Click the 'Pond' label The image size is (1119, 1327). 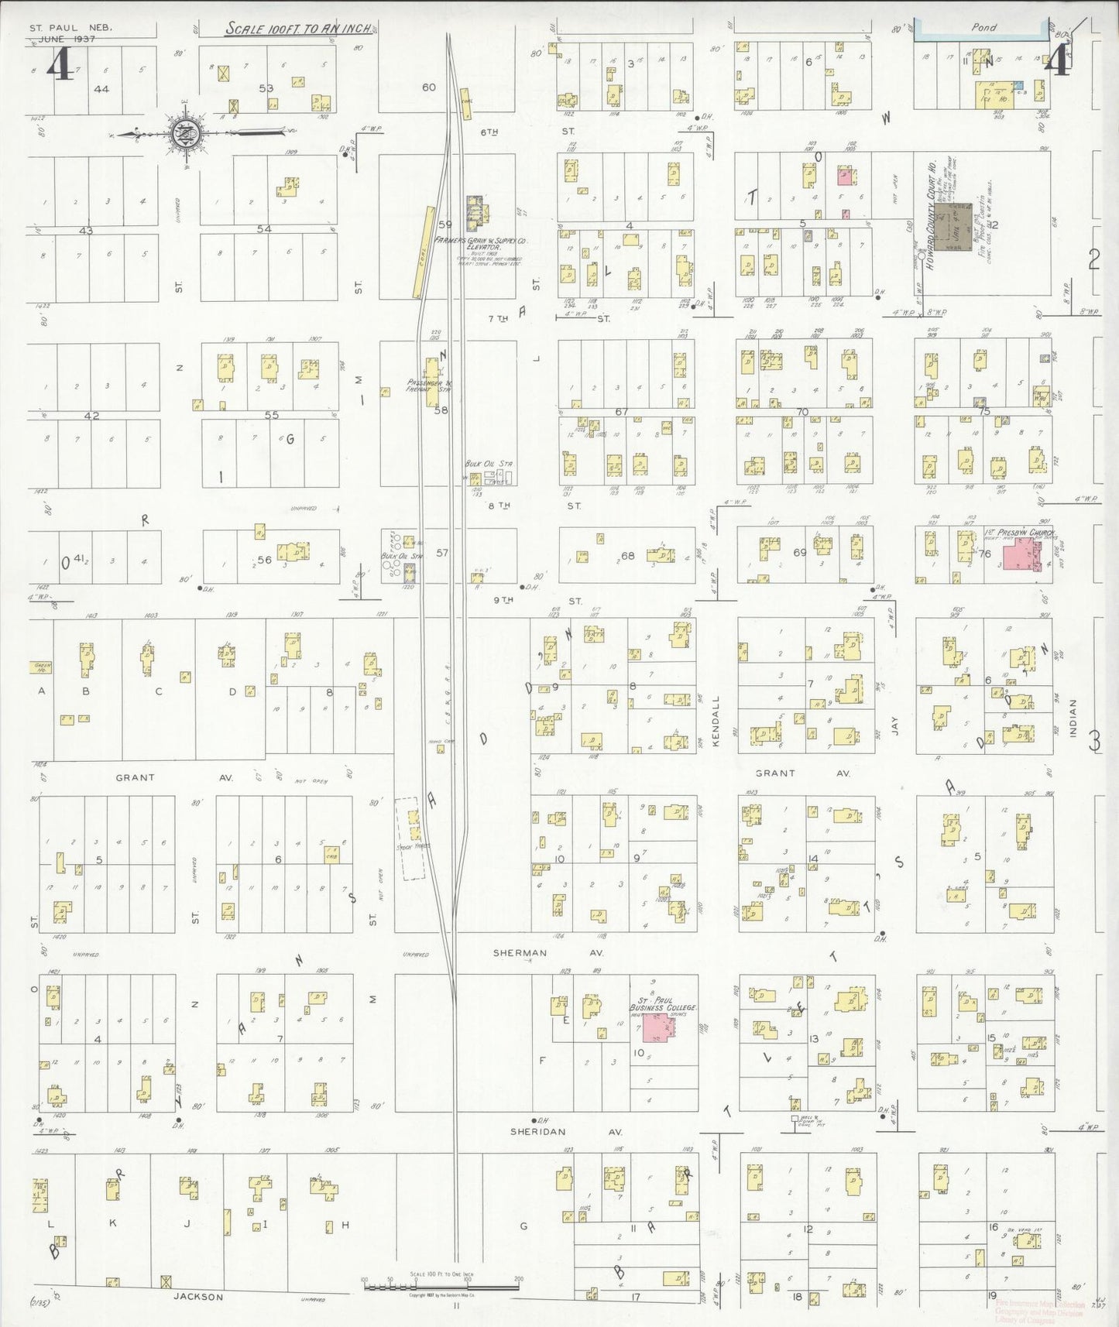pyautogui.click(x=983, y=27)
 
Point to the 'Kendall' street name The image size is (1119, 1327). pyautogui.click(x=716, y=721)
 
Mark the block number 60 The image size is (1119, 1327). pyautogui.click(x=429, y=87)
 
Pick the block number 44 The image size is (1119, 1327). pyautogui.click(x=101, y=89)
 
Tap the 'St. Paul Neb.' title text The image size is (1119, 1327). pyautogui.click(x=71, y=28)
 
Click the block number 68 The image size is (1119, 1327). pyautogui.click(x=627, y=555)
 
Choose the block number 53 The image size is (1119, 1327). pyautogui.click(x=266, y=88)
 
